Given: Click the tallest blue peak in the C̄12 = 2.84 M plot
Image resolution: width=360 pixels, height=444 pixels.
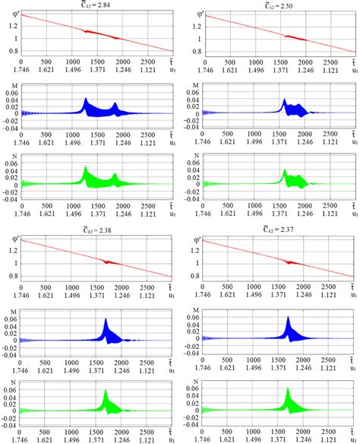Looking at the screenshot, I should click(85, 100).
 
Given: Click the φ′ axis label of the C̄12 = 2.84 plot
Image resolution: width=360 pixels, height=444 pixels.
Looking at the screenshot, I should click(8, 10).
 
